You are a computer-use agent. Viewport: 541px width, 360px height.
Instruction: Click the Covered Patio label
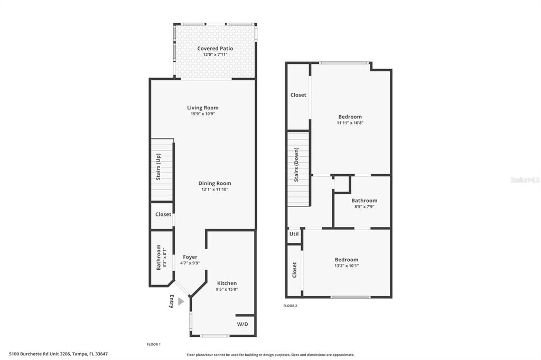pyautogui.click(x=215, y=49)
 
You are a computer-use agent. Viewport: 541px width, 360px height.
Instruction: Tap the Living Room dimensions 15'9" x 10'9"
pyautogui.click(x=203, y=114)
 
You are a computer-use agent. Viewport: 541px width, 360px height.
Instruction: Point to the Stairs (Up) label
pyautogui.click(x=158, y=166)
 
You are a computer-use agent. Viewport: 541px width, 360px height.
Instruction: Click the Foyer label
pyautogui.click(x=190, y=257)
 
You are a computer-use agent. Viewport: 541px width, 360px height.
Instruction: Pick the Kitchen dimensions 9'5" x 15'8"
pyautogui.click(x=227, y=289)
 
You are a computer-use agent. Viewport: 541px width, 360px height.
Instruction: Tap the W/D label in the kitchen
pyautogui.click(x=242, y=324)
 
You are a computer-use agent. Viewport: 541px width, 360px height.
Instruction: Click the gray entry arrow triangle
pyautogui.click(x=181, y=301)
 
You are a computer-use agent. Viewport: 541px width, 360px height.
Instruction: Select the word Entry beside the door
pyautogui.click(x=171, y=301)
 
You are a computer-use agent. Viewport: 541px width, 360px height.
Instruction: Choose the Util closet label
pyautogui.click(x=294, y=234)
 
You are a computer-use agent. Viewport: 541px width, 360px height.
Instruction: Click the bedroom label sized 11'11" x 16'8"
pyautogui.click(x=350, y=117)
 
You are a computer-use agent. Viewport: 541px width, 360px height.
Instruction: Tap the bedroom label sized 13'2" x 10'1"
pyautogui.click(x=346, y=260)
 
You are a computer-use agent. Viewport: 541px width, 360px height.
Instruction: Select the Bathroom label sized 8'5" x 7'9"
pyautogui.click(x=364, y=201)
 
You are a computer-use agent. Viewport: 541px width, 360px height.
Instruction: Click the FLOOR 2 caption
pyautogui.click(x=290, y=306)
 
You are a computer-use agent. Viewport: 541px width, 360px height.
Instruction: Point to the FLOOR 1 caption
pyautogui.click(x=153, y=344)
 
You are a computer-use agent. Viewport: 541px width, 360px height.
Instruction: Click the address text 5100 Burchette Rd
pyautogui.click(x=62, y=354)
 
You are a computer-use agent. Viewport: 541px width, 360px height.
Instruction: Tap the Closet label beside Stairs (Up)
pyautogui.click(x=163, y=214)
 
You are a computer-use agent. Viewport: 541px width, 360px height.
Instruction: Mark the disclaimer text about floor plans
pyautogui.click(x=270, y=355)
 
